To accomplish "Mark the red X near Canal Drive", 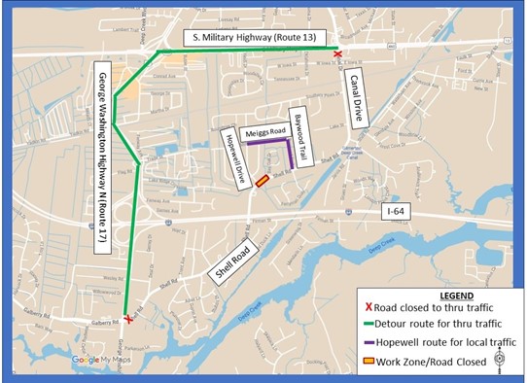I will (x=337, y=55).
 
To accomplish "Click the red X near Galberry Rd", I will (x=128, y=318).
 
